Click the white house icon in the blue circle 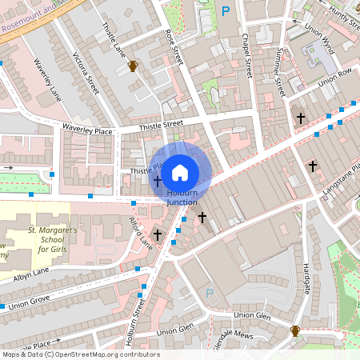(x=180, y=172)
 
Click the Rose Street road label (x=174, y=49)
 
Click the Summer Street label (x=281, y=72)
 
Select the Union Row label (x=334, y=81)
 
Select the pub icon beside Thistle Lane (x=133, y=66)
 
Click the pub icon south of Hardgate (x=294, y=330)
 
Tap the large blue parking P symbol (x=226, y=11)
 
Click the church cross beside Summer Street (x=301, y=118)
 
